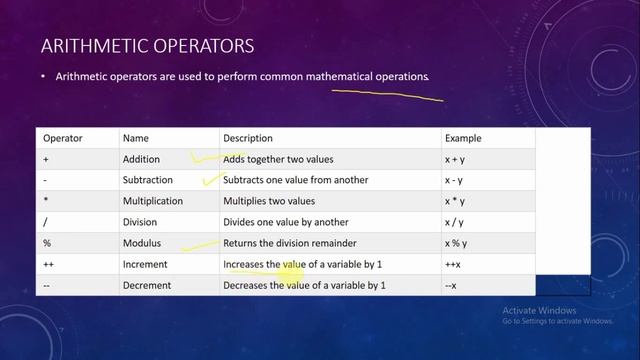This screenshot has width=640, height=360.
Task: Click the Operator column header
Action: click(x=62, y=138)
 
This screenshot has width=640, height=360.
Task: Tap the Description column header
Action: click(x=248, y=138)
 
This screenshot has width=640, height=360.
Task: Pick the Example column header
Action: click(x=463, y=138)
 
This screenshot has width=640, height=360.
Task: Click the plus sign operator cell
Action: click(x=46, y=159)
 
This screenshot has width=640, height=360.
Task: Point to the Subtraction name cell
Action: click(x=148, y=180)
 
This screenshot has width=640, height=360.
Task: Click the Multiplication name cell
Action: click(x=154, y=201)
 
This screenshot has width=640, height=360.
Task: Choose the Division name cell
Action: click(x=140, y=222)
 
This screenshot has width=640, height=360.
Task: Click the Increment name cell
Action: click(x=145, y=264)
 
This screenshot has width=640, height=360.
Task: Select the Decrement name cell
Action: click(x=147, y=286)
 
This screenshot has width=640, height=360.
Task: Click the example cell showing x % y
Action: click(x=456, y=243)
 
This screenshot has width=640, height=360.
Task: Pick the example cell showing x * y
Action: click(x=455, y=201)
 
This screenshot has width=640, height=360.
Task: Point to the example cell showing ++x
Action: click(x=452, y=264)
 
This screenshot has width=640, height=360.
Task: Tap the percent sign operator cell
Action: click(x=47, y=243)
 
